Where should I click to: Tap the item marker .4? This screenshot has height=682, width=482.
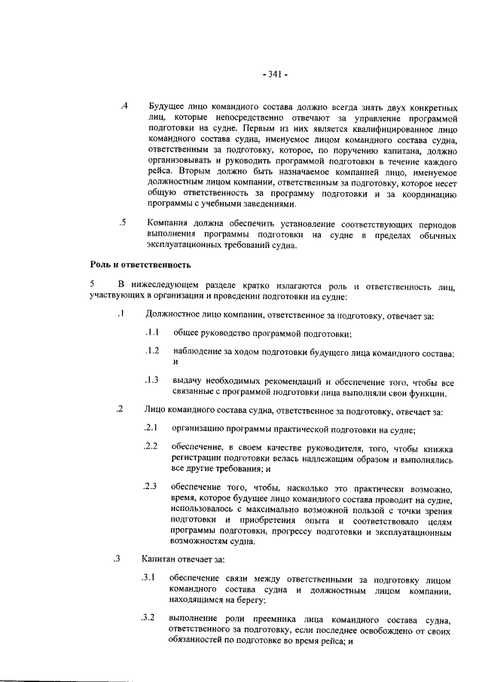tap(125, 106)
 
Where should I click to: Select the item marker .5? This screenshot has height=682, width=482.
tap(122, 222)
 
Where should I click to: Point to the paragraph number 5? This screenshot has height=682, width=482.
tap(91, 285)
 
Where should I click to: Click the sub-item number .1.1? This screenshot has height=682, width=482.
tap(151, 332)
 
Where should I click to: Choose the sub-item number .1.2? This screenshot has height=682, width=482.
tap(151, 351)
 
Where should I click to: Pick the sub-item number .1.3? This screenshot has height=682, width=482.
tap(151, 380)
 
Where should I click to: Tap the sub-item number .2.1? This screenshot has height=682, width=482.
tap(150, 429)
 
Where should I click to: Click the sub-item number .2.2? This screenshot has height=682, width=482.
tap(150, 447)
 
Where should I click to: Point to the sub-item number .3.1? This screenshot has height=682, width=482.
tap(148, 578)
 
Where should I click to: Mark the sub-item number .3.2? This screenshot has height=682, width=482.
tap(148, 618)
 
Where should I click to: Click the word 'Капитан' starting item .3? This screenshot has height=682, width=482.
tap(159, 559)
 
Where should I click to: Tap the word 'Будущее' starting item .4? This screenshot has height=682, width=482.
tap(168, 106)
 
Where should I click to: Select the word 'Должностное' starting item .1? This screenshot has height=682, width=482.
tap(175, 313)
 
